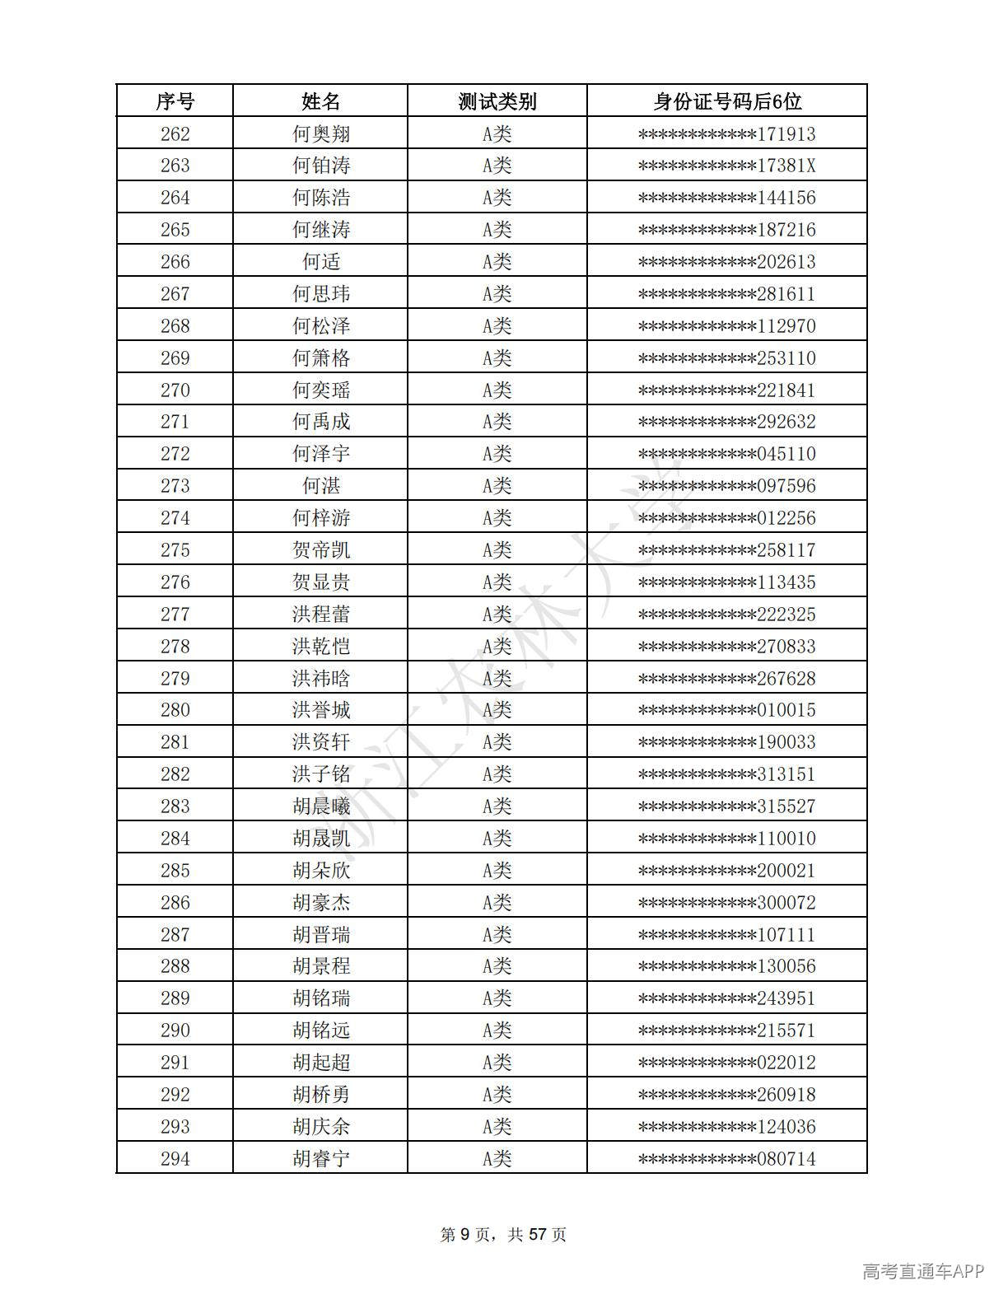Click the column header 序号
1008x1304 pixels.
[175, 101]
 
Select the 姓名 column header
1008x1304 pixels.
[320, 101]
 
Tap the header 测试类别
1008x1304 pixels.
[497, 101]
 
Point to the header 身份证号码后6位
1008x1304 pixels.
[726, 101]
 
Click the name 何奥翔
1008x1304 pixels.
[320, 133]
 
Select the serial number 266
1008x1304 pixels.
[175, 262]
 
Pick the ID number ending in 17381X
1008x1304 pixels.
[726, 166]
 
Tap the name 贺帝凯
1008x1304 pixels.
[320, 550]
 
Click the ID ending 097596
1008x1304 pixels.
[726, 486]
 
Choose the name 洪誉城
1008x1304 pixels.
[320, 710]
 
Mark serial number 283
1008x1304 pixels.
[175, 806]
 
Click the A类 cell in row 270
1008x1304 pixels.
[497, 390]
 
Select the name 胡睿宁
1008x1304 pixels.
[320, 1159]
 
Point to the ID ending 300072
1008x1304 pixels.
[726, 903]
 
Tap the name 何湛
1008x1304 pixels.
[320, 486]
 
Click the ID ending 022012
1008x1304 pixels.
[726, 1063]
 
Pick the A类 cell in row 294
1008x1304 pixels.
[497, 1159]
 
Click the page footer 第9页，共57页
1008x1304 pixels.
[503, 1234]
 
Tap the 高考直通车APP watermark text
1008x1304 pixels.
[922, 1271]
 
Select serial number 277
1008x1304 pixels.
[175, 615]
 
